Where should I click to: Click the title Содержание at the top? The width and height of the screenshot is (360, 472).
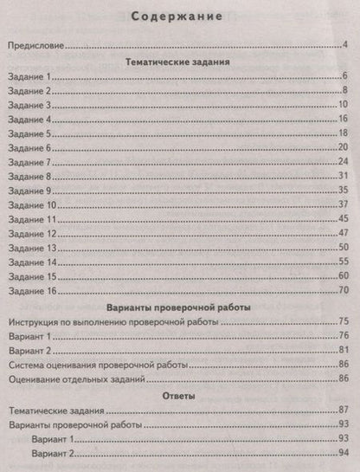pos(181,15)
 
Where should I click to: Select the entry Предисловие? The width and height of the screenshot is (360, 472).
pos(37,45)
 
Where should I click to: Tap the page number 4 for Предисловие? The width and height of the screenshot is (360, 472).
pos(345,45)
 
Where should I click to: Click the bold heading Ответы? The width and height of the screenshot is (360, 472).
pos(179,395)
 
